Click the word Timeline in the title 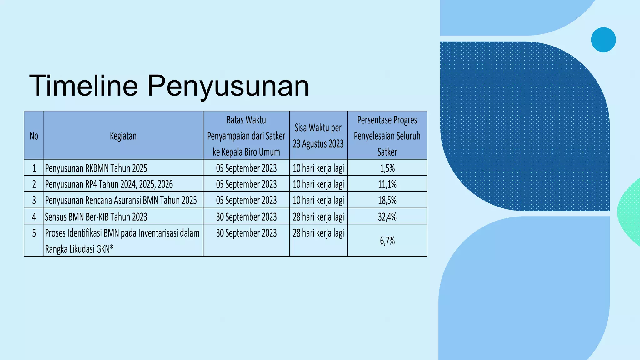click(x=83, y=86)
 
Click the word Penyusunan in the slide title click(x=228, y=86)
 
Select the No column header click(x=34, y=136)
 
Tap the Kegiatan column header click(x=123, y=136)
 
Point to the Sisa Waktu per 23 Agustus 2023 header click(x=318, y=136)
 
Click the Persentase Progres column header click(x=387, y=136)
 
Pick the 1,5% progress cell click(x=387, y=168)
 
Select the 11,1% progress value click(x=387, y=184)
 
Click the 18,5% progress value click(x=387, y=200)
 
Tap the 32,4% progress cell click(x=387, y=217)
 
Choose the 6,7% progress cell click(x=387, y=241)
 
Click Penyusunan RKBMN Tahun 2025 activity click(x=96, y=168)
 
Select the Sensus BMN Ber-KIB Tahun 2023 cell click(x=96, y=217)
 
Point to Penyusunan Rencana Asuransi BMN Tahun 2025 click(x=121, y=200)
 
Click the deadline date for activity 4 click(x=246, y=217)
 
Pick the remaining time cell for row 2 click(x=318, y=184)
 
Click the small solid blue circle click(x=603, y=40)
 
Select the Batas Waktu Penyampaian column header click(x=246, y=136)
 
